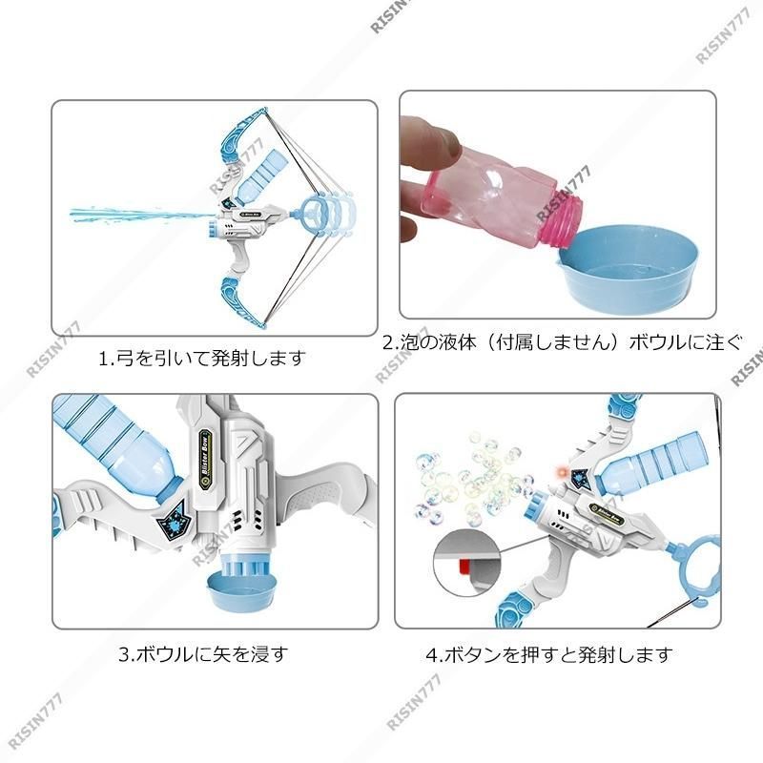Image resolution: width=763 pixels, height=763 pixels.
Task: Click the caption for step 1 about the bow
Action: coord(202,359)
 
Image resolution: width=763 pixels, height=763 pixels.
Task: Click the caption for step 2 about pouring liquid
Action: coord(563,342)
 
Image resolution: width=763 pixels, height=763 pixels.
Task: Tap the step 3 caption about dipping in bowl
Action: coord(204,653)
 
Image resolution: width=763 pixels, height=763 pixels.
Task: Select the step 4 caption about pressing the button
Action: coord(549,654)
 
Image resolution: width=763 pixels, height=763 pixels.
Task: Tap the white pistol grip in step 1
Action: coord(242,257)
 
